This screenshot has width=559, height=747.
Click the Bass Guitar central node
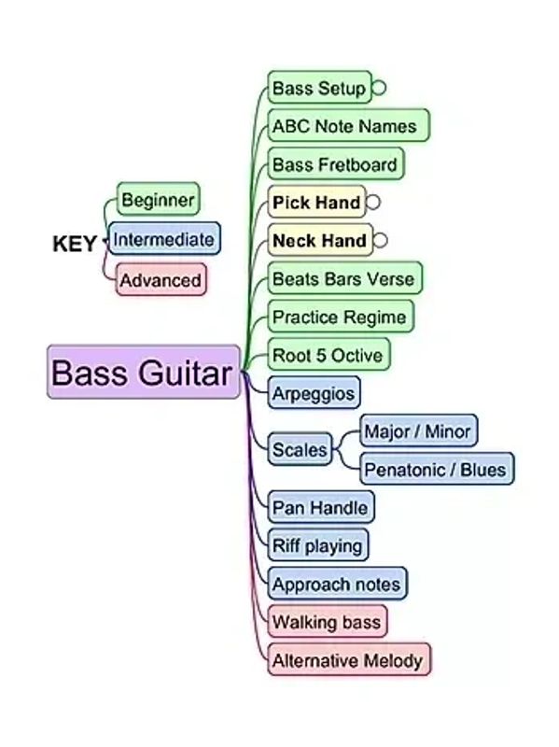tap(144, 372)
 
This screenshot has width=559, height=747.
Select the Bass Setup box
tap(319, 88)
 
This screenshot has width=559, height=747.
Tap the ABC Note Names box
tap(348, 126)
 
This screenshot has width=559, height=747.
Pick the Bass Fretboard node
tap(336, 164)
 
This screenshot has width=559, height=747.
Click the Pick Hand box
tap(316, 202)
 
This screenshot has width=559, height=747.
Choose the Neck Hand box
tap(320, 240)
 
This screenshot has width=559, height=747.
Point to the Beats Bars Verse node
tap(344, 278)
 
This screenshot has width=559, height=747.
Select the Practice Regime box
tap(341, 317)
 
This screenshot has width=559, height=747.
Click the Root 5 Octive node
tap(328, 355)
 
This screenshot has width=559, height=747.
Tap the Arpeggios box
tap(314, 393)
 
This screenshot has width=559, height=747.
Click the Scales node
tap(300, 449)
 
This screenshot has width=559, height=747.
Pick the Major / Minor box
tap(418, 430)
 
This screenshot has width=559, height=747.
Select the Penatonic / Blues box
tap(437, 469)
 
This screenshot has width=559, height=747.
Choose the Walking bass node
tap(328, 621)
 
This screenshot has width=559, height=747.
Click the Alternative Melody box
tap(349, 660)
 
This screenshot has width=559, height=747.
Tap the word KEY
tap(75, 244)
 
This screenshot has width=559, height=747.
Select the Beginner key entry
tap(158, 199)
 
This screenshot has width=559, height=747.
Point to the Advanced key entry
tap(161, 279)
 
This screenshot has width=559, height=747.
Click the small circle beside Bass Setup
tap(379, 88)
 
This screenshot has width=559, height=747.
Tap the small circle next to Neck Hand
tap(380, 240)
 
